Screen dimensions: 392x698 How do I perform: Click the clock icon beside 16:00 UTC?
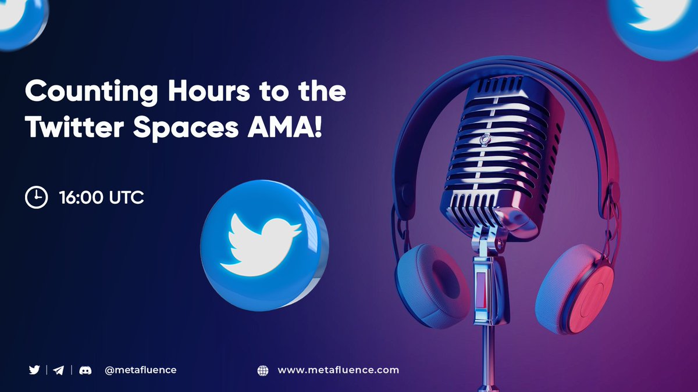tap(36, 197)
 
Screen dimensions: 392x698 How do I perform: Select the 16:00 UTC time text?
tap(101, 197)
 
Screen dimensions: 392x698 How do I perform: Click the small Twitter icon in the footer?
tap(34, 370)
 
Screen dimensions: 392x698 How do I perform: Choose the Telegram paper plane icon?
tap(59, 370)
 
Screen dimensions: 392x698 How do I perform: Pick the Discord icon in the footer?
tap(84, 370)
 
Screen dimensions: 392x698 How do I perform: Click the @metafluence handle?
tap(140, 370)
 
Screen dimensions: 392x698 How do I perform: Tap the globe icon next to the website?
tap(263, 370)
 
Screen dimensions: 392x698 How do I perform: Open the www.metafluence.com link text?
tap(338, 370)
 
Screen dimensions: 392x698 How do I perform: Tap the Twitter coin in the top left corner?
tap(20, 20)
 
